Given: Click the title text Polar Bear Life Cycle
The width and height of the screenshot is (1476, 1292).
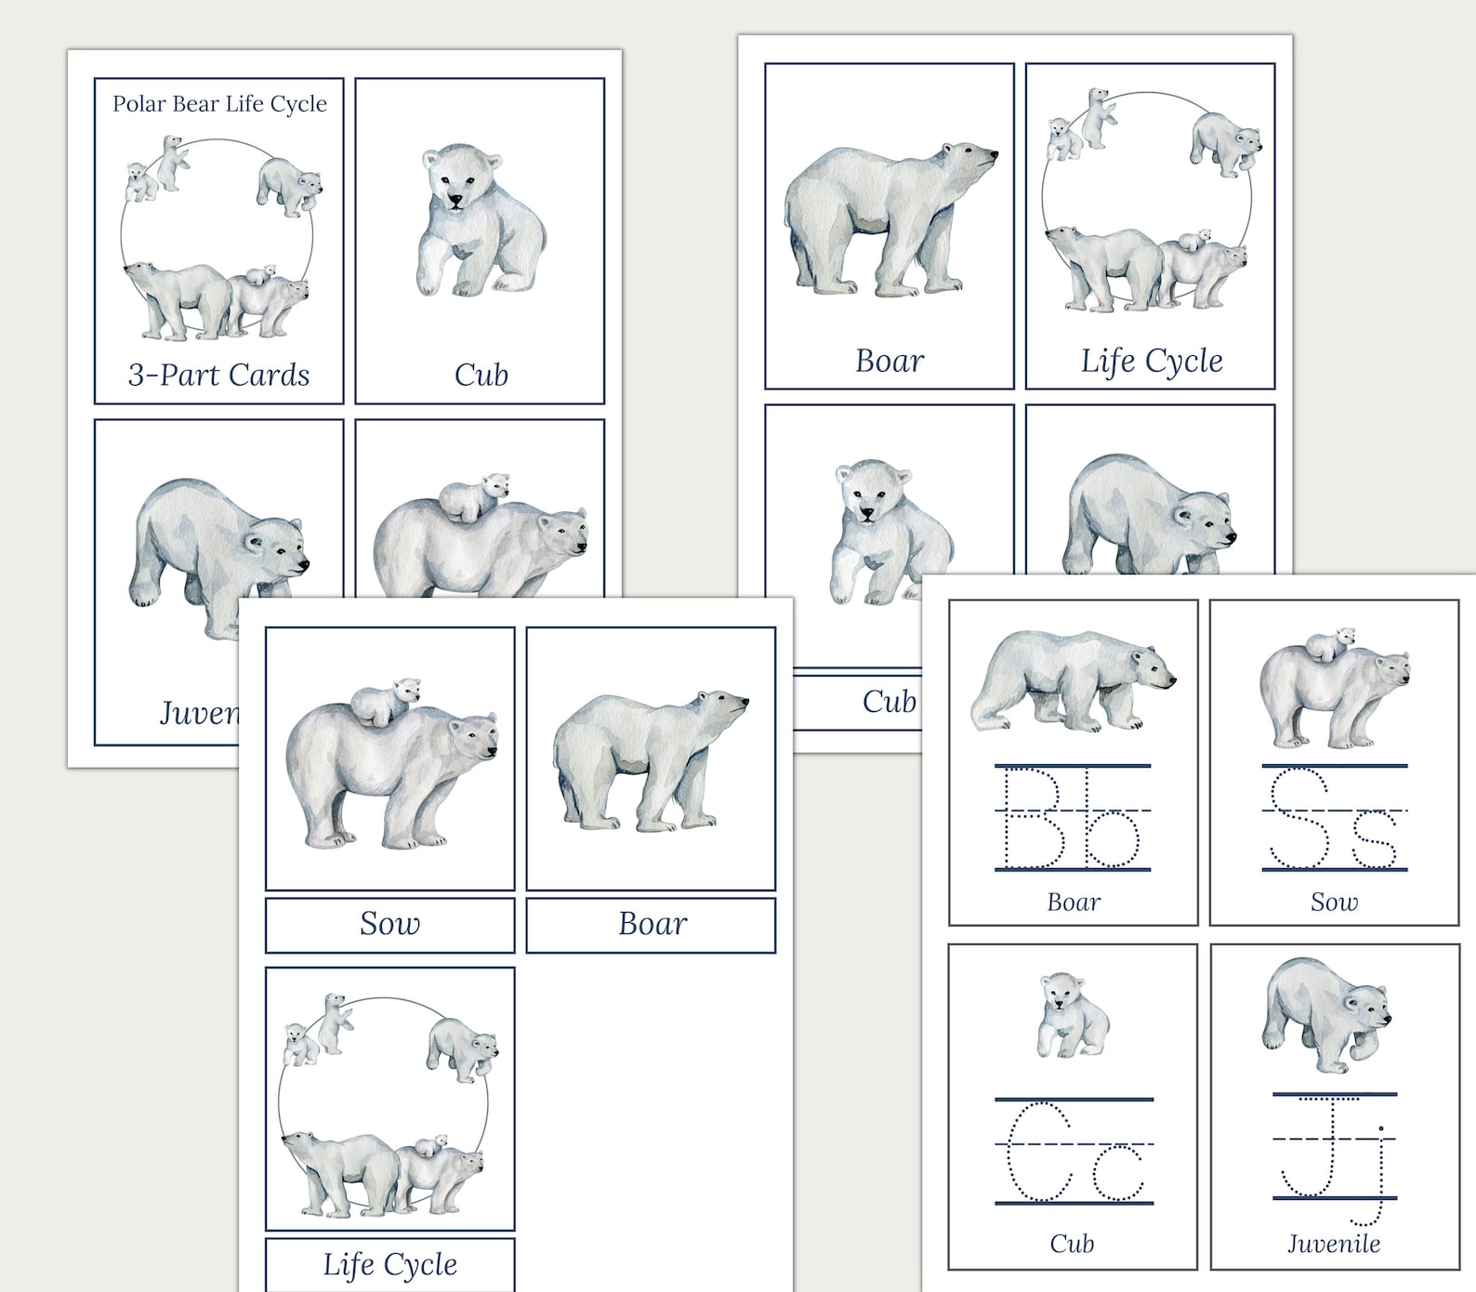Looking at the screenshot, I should pos(219,103).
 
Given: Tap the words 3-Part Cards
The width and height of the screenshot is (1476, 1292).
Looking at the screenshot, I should pos(218,375).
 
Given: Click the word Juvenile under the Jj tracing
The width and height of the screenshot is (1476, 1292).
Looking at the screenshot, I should pos(1334,1244).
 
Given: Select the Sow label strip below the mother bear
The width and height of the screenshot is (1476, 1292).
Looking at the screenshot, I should pos(389,924).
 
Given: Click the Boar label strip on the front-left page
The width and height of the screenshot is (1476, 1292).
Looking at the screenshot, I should pos(652,924).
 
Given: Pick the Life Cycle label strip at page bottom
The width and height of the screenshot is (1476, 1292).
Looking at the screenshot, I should pos(389,1264).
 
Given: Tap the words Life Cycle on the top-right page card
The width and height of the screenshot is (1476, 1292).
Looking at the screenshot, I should pos(1151,361).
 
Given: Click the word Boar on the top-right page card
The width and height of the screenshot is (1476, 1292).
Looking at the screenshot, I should pos(890,361).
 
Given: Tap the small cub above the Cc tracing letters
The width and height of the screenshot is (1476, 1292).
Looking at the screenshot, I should pos(1073,1015).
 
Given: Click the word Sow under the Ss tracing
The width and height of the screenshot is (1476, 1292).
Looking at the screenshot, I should pos(1334,902).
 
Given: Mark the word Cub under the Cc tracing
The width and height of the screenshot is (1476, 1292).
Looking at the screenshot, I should pos(1072,1244).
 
